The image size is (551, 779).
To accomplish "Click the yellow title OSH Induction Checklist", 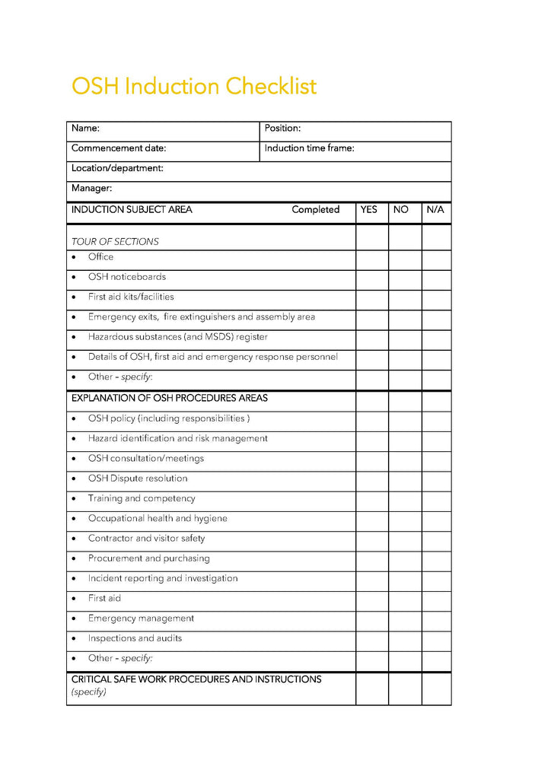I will tap(193, 87).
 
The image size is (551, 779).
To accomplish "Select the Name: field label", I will tap(85, 129).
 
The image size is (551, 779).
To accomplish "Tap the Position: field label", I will tap(282, 129).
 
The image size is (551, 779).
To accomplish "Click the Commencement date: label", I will tap(118, 148).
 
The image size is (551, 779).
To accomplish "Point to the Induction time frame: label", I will tap(309, 148).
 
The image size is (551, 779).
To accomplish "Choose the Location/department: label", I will tap(117, 168).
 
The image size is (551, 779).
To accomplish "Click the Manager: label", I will tap(91, 188).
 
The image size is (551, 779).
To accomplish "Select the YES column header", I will tap(369, 210).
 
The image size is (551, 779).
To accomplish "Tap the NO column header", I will tap(401, 210).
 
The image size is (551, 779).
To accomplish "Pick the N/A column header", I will tap(435, 210).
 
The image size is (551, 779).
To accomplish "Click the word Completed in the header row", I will tap(315, 210).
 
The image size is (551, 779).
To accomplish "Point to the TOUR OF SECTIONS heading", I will tap(115, 242).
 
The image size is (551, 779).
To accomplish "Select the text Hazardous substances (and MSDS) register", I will tap(177, 337).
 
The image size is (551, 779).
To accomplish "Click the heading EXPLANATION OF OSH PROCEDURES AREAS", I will tap(169, 398).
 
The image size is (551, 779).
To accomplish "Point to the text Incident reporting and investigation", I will tap(162, 579).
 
